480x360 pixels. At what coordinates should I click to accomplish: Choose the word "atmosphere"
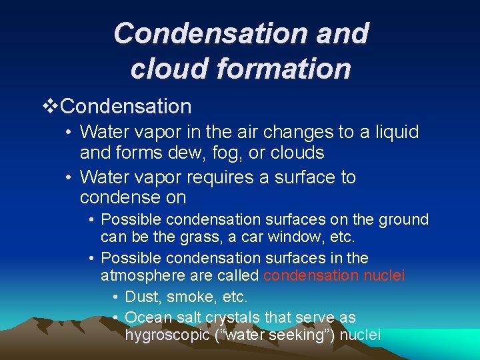click(146, 275)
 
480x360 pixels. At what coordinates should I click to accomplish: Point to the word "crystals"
click(231, 317)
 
